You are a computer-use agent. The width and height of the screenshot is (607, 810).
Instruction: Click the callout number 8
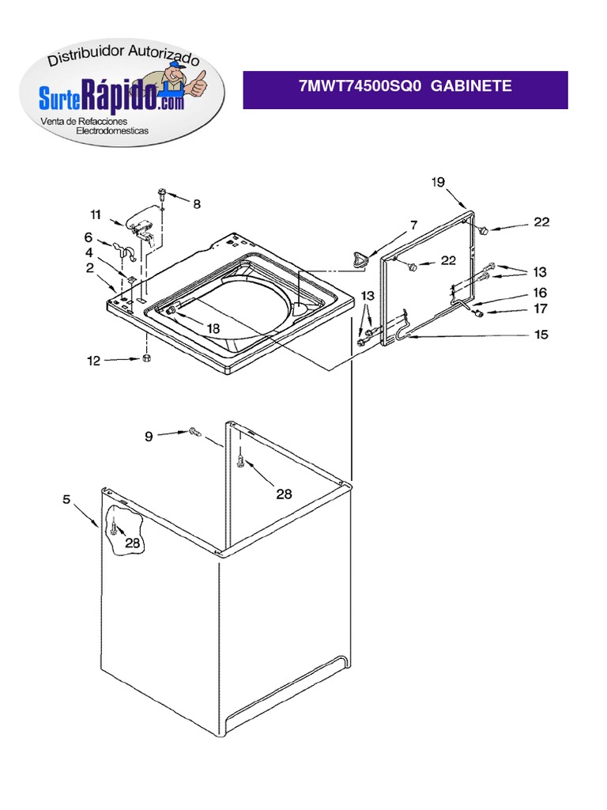tap(196, 204)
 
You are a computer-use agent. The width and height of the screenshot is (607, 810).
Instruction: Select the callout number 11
tap(95, 214)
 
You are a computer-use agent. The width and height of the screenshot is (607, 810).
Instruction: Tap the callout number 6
tap(89, 237)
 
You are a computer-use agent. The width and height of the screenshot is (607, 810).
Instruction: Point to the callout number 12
tap(93, 361)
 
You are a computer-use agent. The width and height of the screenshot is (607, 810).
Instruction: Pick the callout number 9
tap(149, 434)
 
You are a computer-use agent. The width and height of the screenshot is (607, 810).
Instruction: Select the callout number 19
tap(438, 183)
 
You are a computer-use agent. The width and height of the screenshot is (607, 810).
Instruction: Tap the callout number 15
tap(541, 335)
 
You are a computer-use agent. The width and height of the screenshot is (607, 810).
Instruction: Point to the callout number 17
tap(541, 308)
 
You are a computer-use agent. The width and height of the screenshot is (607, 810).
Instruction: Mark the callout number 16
tap(541, 293)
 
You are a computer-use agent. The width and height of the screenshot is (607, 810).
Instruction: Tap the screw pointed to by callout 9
tap(194, 432)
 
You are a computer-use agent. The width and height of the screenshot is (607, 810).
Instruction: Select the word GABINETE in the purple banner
tap(472, 86)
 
